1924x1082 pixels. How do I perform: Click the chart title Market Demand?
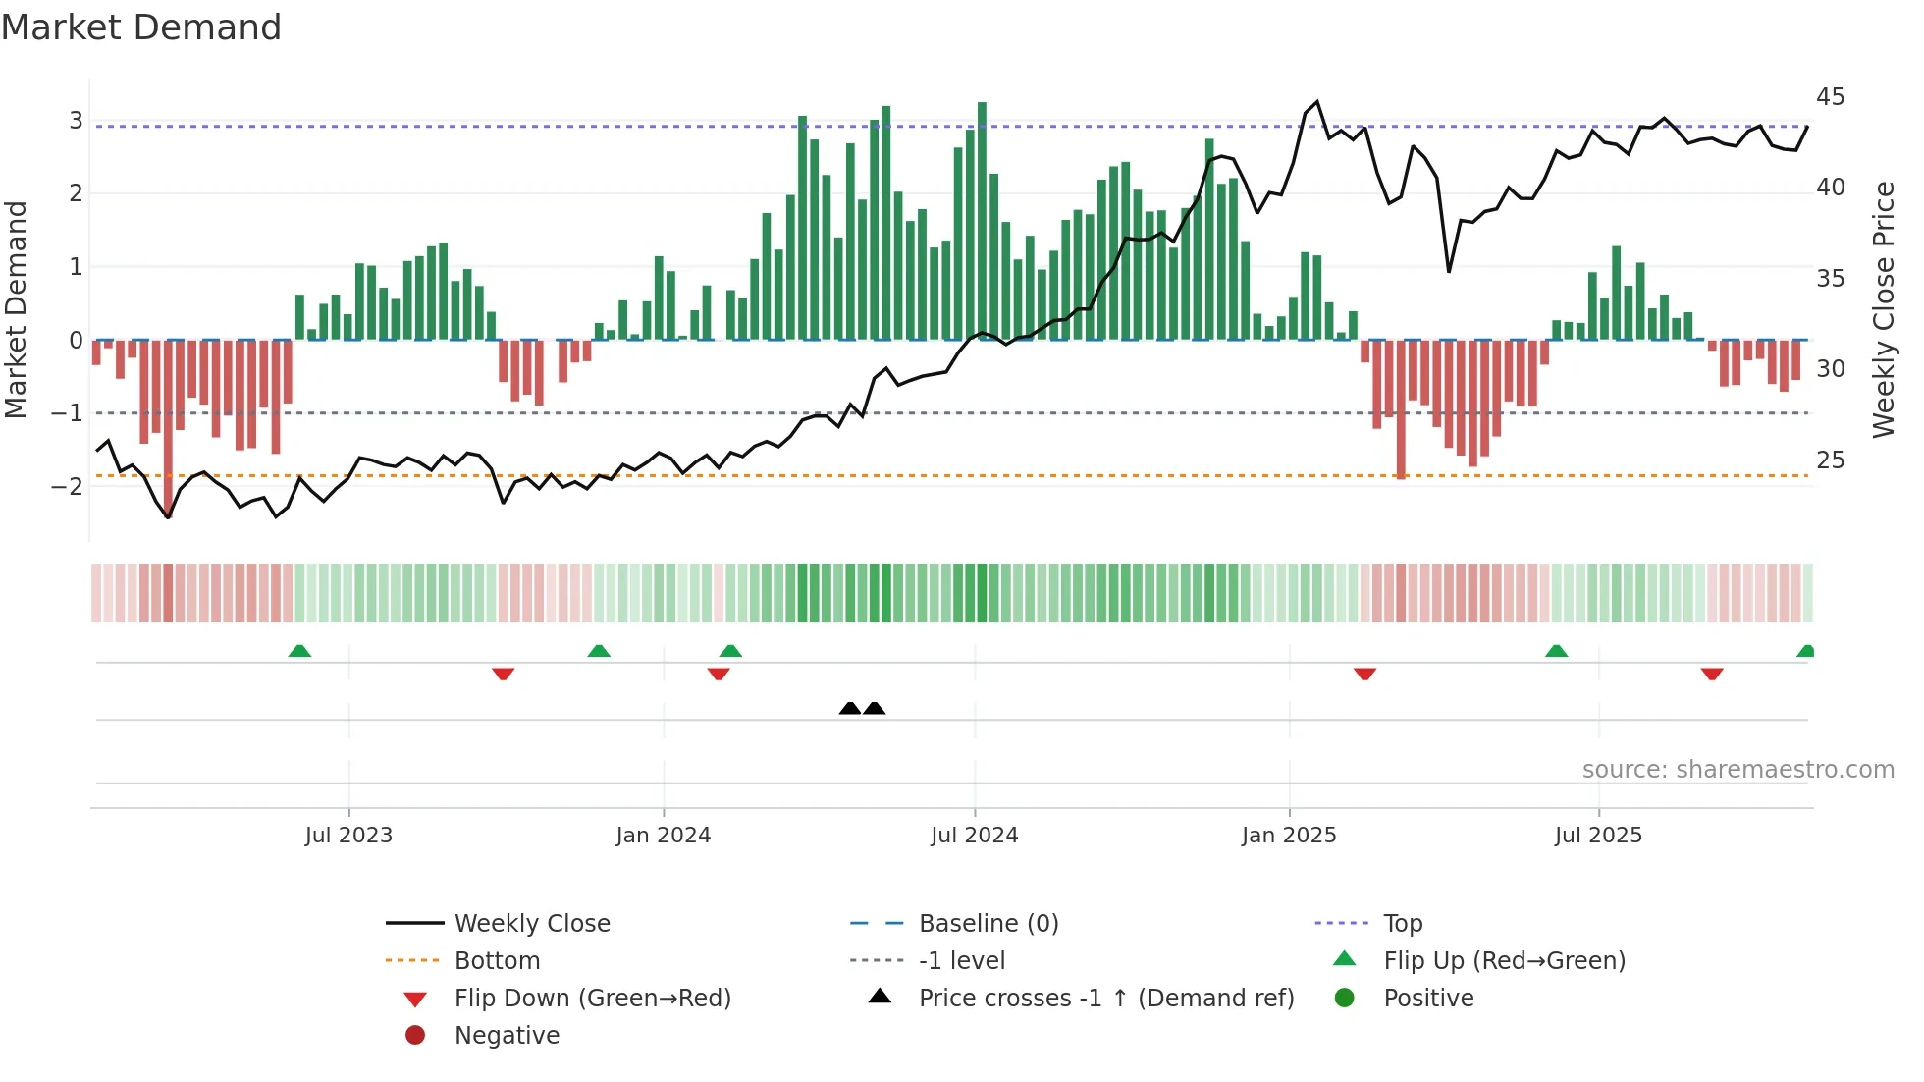(141, 27)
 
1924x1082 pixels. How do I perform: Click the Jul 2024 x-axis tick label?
(974, 836)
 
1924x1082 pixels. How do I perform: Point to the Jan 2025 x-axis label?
(1288, 836)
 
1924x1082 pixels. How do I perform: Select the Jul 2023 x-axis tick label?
(348, 836)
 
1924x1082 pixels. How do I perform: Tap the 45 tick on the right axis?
(1830, 97)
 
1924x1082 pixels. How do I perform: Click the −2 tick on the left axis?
(68, 486)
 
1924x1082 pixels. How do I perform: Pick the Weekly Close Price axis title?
(1883, 309)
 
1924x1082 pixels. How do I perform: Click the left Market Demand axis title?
(17, 309)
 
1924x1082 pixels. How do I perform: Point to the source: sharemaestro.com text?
(1737, 770)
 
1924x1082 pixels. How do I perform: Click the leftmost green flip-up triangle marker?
(299, 651)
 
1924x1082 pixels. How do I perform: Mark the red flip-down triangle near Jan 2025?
(1364, 674)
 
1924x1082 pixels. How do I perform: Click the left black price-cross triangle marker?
(850, 708)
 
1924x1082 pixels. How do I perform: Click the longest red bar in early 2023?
(168, 427)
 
